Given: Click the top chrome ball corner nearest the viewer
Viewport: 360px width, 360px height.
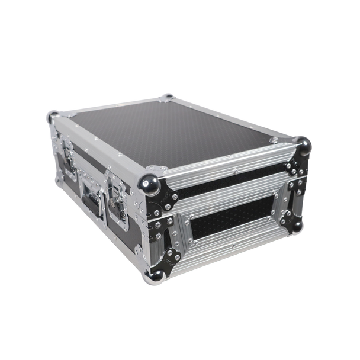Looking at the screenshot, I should [x=149, y=184].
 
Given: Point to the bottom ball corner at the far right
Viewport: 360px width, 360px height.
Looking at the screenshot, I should [x=295, y=226].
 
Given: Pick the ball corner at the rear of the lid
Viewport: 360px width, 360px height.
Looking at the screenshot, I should [x=168, y=97].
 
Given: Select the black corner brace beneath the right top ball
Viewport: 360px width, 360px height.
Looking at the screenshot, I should [x=294, y=163].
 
